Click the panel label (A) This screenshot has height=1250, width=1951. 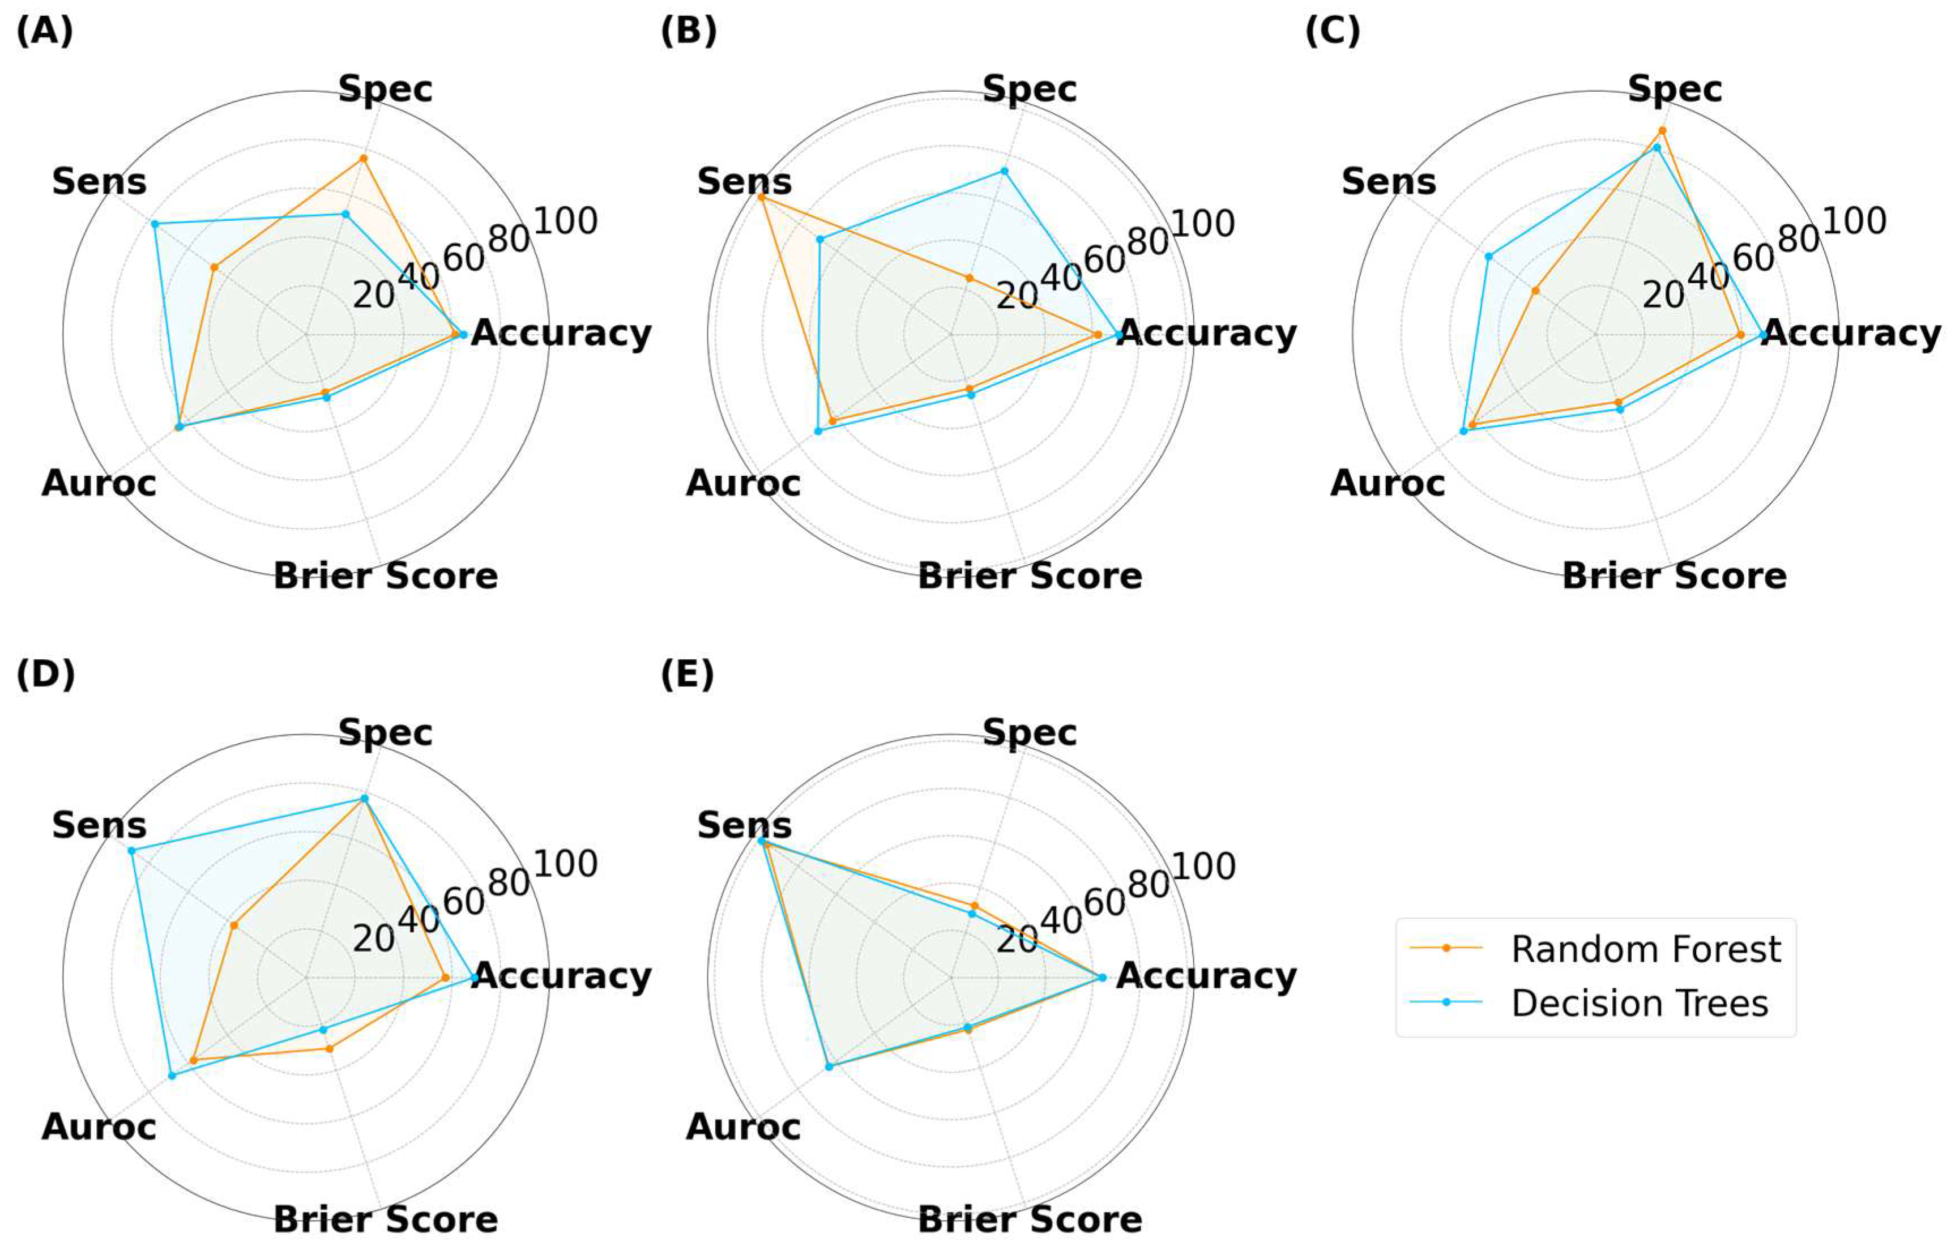coord(45,32)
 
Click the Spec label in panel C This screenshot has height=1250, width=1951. coord(1674,89)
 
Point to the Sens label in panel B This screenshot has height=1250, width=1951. coord(744,182)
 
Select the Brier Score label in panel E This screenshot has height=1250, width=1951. coord(1030,1220)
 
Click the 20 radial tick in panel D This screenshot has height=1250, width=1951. coord(373,939)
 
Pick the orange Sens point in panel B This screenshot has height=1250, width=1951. coord(761,197)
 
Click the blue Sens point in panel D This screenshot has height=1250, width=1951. coord(131,850)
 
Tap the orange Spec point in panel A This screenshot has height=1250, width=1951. coord(364,157)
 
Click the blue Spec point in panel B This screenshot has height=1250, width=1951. coord(1004,171)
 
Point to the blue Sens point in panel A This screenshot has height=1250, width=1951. coord(154,223)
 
